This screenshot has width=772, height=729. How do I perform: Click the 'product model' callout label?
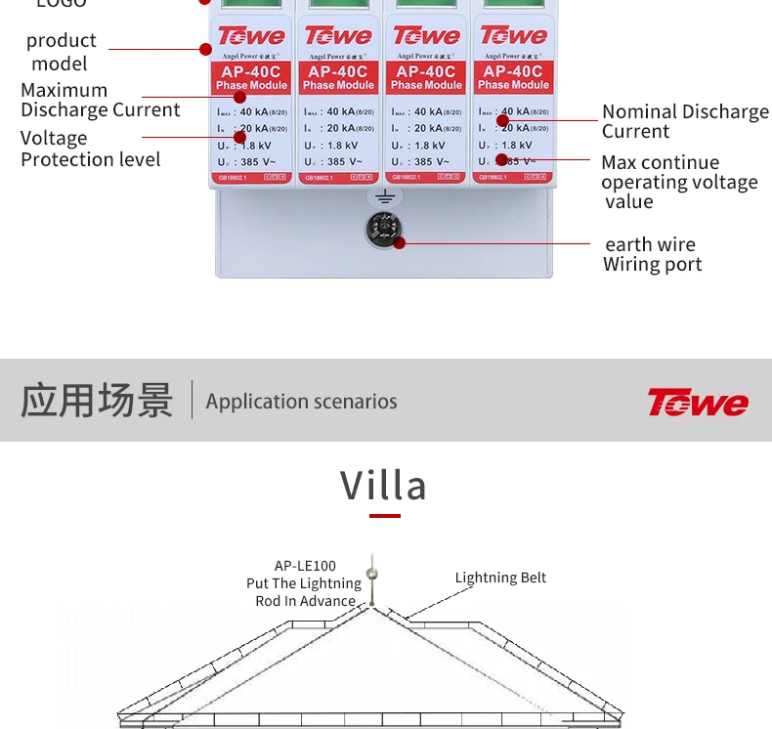point(61,52)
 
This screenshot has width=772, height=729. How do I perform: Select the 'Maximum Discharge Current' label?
point(100,100)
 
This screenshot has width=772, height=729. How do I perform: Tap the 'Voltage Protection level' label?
point(90,149)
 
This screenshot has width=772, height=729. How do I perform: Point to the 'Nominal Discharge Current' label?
point(684,121)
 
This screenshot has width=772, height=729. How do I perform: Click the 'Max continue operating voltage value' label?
point(678,182)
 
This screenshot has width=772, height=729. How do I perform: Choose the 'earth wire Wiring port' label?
point(652,254)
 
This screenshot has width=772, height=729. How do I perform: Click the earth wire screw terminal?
point(384,231)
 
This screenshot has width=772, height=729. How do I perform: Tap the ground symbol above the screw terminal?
point(385,197)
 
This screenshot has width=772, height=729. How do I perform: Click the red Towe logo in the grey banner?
point(697,402)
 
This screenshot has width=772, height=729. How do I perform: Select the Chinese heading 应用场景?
point(97,401)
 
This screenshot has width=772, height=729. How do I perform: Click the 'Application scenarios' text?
point(301,402)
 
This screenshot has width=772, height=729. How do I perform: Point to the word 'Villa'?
point(384,485)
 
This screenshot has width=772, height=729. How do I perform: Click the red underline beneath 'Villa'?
point(385,515)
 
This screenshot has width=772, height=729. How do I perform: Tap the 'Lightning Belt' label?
point(500,578)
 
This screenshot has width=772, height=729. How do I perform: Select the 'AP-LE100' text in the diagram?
point(305,566)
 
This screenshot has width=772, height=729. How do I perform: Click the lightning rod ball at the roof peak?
point(370,573)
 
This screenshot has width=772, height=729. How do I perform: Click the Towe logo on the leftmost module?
point(251,37)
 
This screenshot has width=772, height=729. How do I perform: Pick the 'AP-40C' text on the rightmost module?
point(513,71)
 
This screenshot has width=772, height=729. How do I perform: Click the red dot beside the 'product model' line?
point(205,49)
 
